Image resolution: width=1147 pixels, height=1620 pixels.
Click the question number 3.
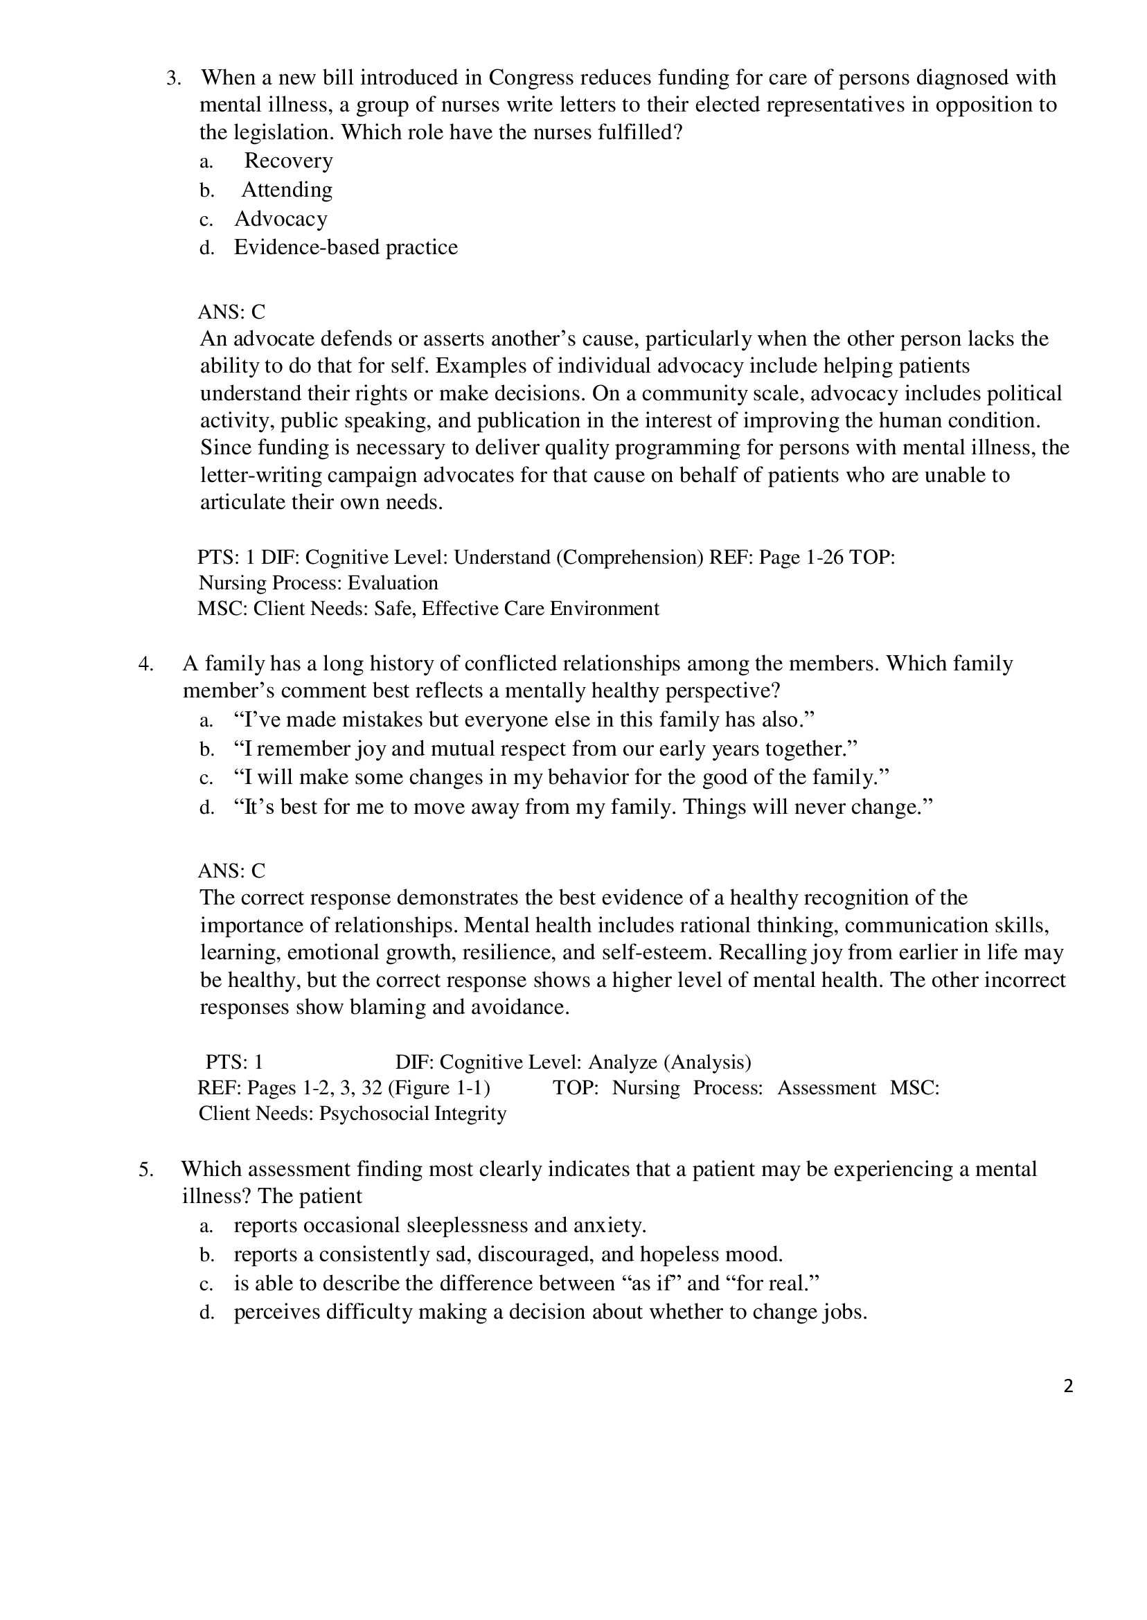tap(173, 78)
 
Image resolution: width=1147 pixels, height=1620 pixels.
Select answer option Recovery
tap(288, 161)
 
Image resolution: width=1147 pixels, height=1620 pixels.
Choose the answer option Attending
tap(287, 190)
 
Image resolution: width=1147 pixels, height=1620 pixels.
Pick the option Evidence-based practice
tap(346, 247)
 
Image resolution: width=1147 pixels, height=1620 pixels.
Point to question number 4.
tap(145, 664)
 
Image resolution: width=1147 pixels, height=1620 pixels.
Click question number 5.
tap(145, 1169)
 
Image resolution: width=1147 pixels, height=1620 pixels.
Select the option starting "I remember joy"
tap(544, 749)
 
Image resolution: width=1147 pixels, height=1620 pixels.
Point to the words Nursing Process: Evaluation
tap(319, 583)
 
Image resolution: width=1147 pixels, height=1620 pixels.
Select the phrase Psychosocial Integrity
tap(413, 1114)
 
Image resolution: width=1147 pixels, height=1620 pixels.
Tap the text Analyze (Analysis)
tap(669, 1062)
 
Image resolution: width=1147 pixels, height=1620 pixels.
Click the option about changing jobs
tap(550, 1312)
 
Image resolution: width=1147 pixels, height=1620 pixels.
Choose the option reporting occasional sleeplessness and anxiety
tap(440, 1225)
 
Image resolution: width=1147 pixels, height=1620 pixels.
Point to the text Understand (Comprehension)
tap(578, 558)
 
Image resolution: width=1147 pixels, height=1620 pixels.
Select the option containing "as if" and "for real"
tap(526, 1283)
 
